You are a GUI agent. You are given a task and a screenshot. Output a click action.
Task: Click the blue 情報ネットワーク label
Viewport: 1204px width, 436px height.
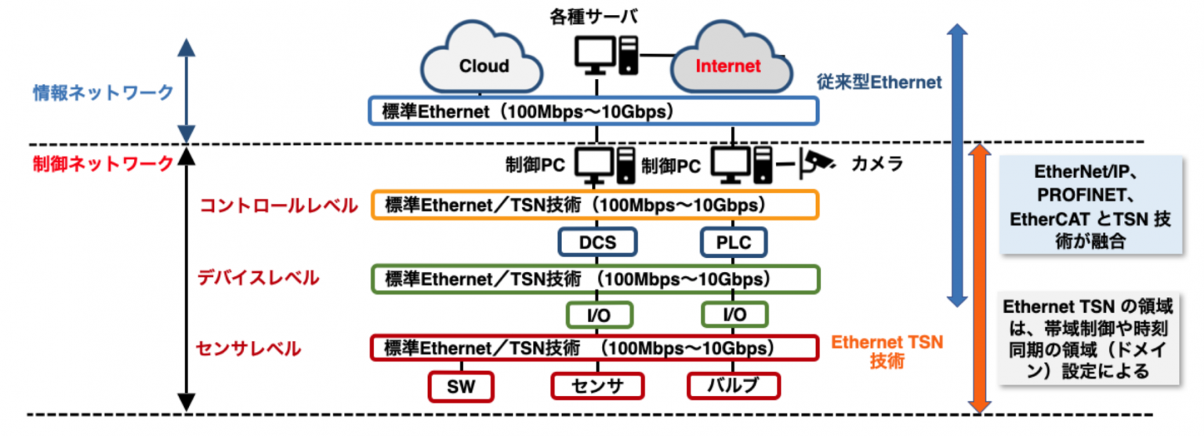tap(103, 92)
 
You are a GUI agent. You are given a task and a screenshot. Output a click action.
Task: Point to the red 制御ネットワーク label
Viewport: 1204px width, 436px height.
tap(103, 164)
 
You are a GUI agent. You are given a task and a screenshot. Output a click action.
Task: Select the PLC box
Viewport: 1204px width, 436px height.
tap(734, 242)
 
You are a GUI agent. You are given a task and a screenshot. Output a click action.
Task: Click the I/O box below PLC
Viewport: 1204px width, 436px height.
tap(734, 314)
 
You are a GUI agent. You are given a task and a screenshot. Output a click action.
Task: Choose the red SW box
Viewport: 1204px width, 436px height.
tap(462, 386)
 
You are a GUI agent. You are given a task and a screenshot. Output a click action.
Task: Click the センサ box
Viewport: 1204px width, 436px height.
tap(597, 386)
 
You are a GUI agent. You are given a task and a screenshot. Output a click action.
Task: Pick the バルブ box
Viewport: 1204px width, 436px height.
tap(734, 386)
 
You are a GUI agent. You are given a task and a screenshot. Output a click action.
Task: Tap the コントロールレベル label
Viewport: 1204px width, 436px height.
tap(279, 205)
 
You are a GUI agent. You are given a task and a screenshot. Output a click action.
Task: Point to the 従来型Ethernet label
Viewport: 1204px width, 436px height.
tap(878, 81)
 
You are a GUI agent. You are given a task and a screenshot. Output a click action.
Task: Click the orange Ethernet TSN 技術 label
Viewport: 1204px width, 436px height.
tap(887, 352)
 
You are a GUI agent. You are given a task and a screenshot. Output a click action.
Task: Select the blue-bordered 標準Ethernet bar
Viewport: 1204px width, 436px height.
tap(593, 111)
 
